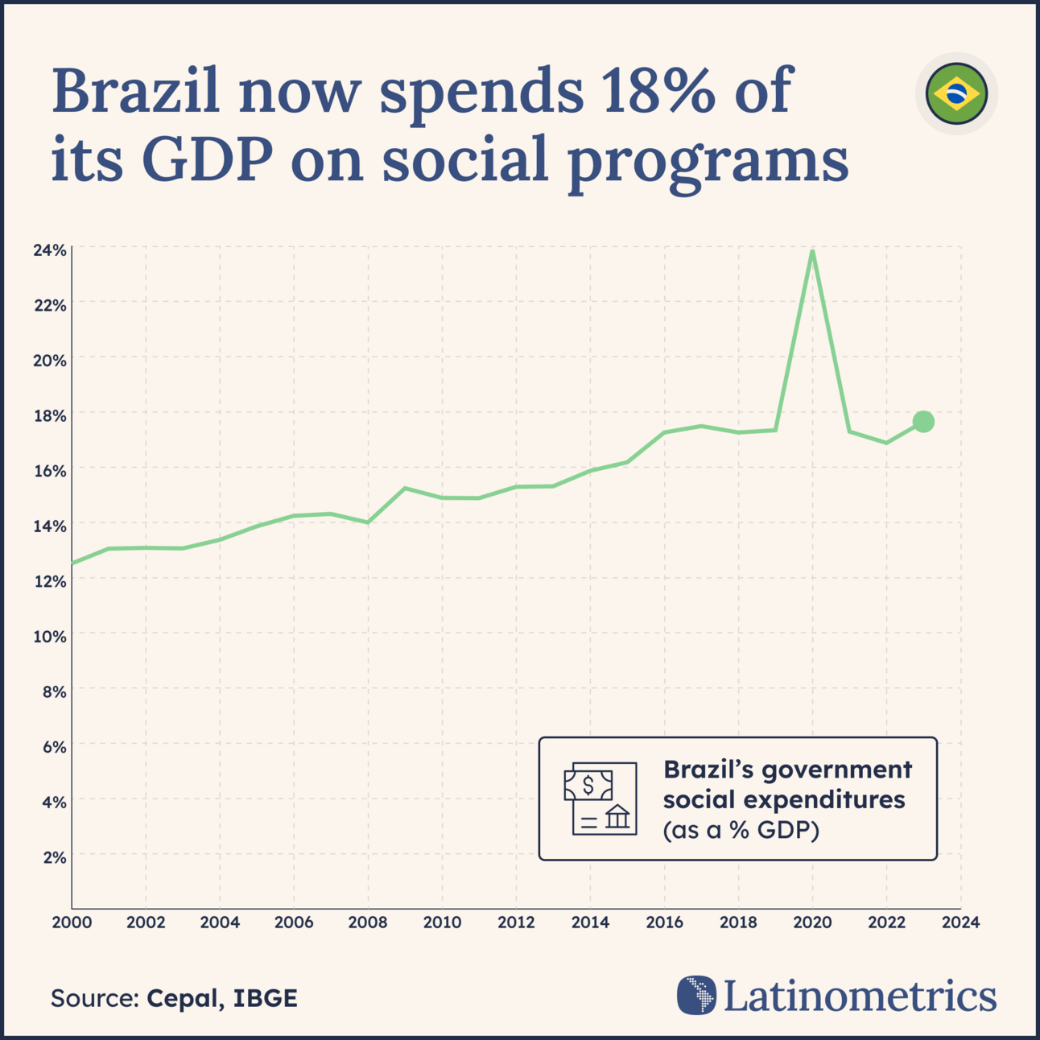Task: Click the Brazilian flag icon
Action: pyautogui.click(x=956, y=93)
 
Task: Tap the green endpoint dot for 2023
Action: pyautogui.click(x=923, y=421)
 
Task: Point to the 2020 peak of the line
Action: pyautogui.click(x=812, y=252)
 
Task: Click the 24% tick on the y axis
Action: pyautogui.click(x=49, y=250)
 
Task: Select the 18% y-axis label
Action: pyautogui.click(x=49, y=415)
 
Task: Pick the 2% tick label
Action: pyautogui.click(x=54, y=857)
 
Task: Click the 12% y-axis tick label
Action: pyautogui.click(x=49, y=581)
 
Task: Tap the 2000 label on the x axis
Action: pyautogui.click(x=72, y=922)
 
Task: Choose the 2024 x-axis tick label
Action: pyautogui.click(x=960, y=922)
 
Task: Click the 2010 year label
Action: pyautogui.click(x=442, y=922)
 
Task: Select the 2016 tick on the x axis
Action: pyautogui.click(x=664, y=922)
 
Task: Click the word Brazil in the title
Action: pyautogui.click(x=136, y=92)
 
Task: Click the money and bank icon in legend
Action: pyautogui.click(x=600, y=799)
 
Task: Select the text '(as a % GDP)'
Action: pyautogui.click(x=741, y=830)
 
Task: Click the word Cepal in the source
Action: pyautogui.click(x=181, y=998)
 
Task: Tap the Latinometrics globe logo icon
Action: pyautogui.click(x=696, y=995)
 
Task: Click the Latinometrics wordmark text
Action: pyautogui.click(x=860, y=996)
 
